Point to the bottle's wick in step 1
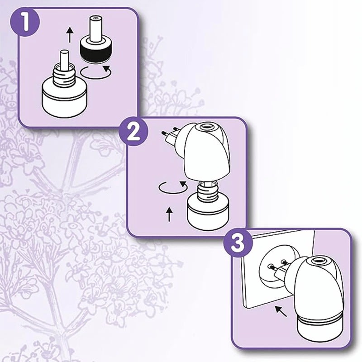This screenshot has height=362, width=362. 64,59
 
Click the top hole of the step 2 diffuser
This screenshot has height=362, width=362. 208,129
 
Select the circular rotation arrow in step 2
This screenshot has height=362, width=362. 171,187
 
